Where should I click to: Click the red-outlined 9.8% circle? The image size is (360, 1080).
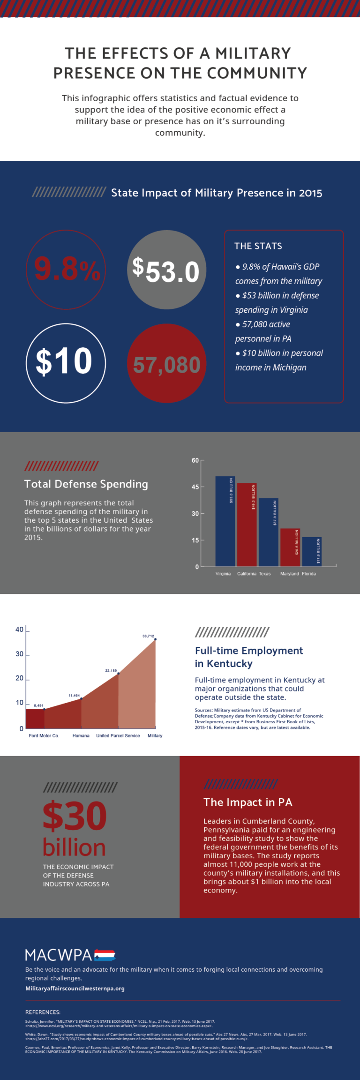[66, 270]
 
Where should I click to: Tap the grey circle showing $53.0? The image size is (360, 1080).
[166, 270]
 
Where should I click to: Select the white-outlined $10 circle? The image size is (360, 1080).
[66, 363]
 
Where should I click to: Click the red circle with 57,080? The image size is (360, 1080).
[166, 364]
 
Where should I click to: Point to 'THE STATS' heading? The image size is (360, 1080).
[258, 246]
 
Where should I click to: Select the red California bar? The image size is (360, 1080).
[247, 525]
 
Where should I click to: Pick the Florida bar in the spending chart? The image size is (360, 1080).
[312, 552]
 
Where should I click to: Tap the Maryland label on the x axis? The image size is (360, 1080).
[289, 574]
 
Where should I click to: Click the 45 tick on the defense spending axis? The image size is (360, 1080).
[195, 487]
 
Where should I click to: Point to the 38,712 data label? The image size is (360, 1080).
[148, 636]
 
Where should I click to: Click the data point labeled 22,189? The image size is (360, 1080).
[118, 674]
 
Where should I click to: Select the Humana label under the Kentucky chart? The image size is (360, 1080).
[81, 735]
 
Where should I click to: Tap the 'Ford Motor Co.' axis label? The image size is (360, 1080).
[44, 735]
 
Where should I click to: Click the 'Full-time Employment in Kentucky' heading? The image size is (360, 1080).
[248, 657]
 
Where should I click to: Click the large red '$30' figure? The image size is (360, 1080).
[75, 816]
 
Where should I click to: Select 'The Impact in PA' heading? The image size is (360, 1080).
[247, 802]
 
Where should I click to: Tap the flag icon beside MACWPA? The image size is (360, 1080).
[105, 955]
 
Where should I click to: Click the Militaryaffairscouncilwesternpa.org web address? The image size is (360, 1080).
[75, 988]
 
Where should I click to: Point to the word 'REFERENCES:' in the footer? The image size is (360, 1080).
[43, 1012]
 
